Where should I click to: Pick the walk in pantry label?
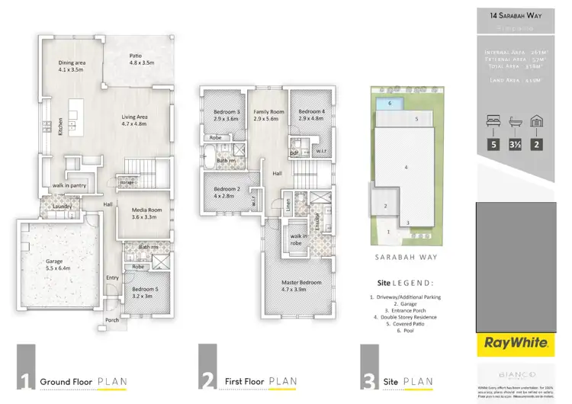(69, 185)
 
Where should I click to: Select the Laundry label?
(63, 206)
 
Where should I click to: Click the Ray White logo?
(514, 344)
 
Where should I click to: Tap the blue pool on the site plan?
(390, 103)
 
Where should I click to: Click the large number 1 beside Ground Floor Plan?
(26, 379)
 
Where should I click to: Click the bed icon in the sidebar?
(493, 122)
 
